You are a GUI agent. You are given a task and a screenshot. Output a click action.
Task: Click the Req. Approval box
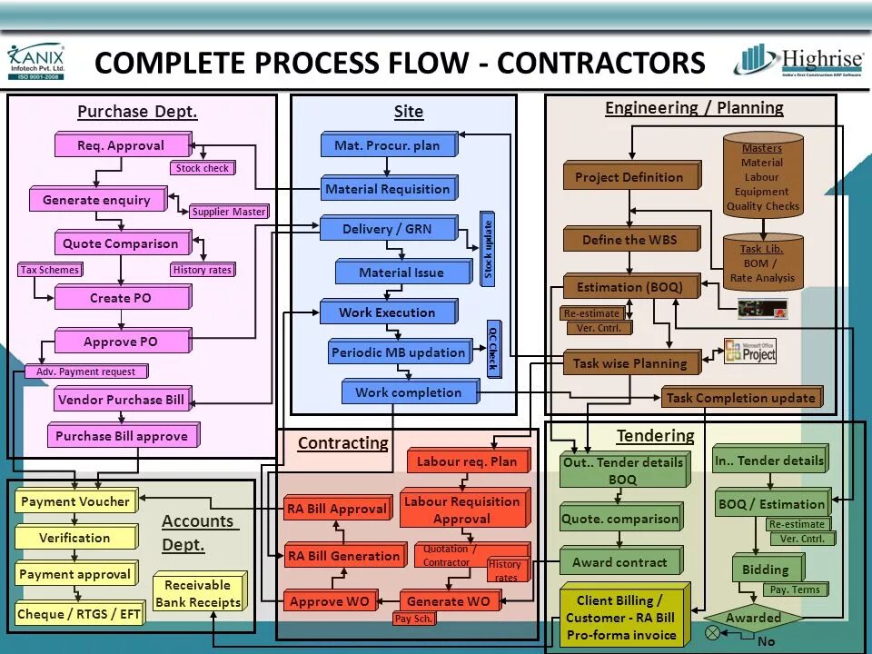point(122,145)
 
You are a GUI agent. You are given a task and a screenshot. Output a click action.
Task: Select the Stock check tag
point(203,168)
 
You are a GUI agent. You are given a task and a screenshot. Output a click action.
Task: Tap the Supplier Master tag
point(229,212)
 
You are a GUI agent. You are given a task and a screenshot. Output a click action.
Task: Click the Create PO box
point(122,298)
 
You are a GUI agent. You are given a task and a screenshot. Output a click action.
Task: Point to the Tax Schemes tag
point(50,270)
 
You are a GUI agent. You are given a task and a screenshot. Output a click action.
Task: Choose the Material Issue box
point(402,272)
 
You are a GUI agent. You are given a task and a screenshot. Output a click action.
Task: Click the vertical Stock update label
point(489,249)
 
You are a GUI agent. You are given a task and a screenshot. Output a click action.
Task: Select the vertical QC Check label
point(493,349)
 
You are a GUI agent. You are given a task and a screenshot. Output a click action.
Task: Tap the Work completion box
point(409,392)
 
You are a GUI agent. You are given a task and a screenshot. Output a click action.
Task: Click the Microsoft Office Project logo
point(749,352)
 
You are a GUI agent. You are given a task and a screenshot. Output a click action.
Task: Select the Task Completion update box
point(741,398)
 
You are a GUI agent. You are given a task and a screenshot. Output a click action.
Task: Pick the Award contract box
point(620,562)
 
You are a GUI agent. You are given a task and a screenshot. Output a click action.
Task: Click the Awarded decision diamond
point(753,618)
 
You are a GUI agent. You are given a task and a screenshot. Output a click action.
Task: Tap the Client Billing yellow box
point(621,618)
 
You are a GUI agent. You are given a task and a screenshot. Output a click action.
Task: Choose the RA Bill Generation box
point(342,556)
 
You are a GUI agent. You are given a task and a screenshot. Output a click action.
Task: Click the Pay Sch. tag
point(414,619)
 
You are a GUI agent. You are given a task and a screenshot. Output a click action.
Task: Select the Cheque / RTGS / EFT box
point(79,614)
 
